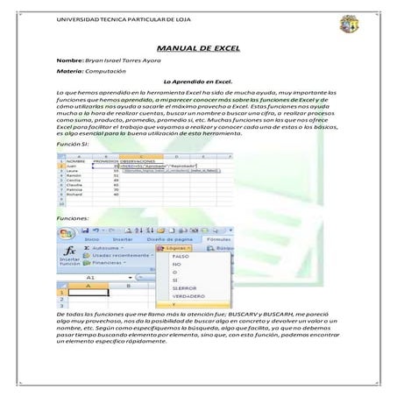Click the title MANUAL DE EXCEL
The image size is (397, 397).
[x=198, y=51]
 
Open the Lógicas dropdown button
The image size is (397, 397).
[x=174, y=248]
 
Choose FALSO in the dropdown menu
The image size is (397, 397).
[x=181, y=257]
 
